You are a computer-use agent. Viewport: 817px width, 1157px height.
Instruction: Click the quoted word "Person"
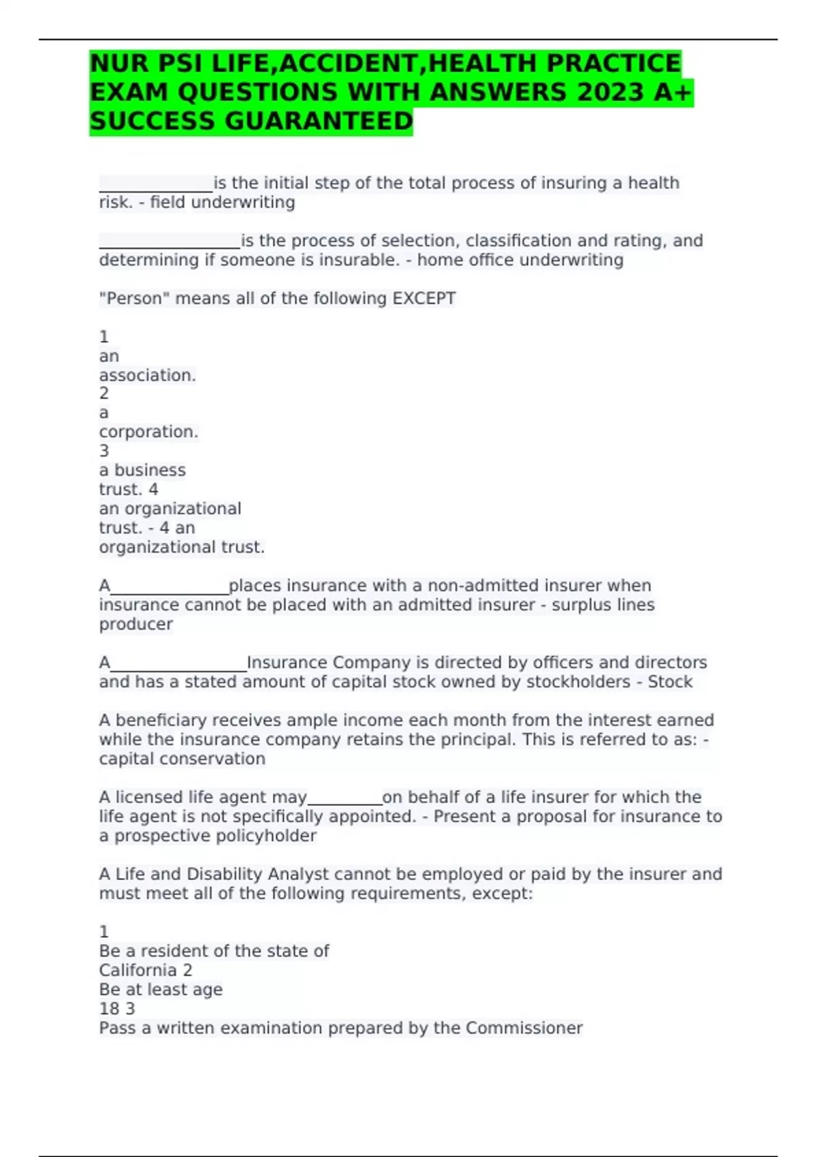[x=135, y=299]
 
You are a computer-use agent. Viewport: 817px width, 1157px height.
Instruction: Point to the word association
[x=147, y=376]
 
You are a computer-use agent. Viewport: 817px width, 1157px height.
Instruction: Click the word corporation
[x=148, y=432]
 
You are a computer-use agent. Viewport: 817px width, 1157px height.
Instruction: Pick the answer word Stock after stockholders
[x=670, y=682]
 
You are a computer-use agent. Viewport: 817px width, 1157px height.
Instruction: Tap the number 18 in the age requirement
[x=109, y=1009]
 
